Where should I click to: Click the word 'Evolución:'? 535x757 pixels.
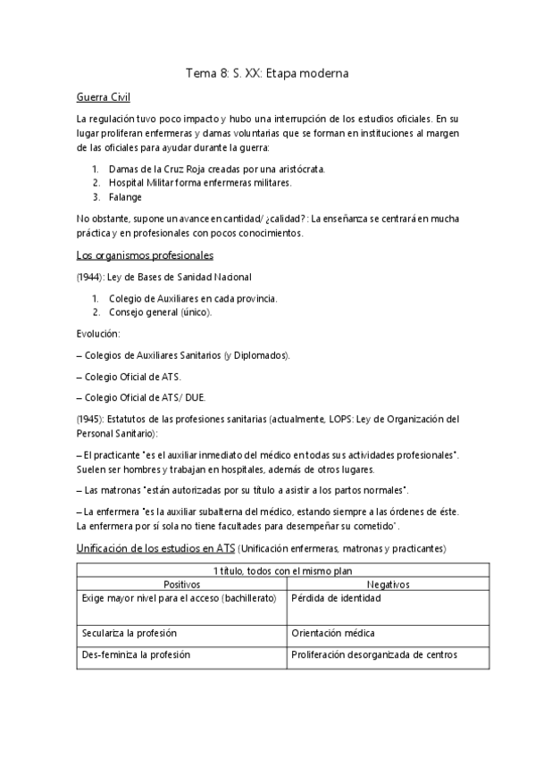97,333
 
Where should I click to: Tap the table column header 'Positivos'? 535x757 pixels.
181,583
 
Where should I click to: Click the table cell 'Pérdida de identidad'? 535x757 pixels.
336,597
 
